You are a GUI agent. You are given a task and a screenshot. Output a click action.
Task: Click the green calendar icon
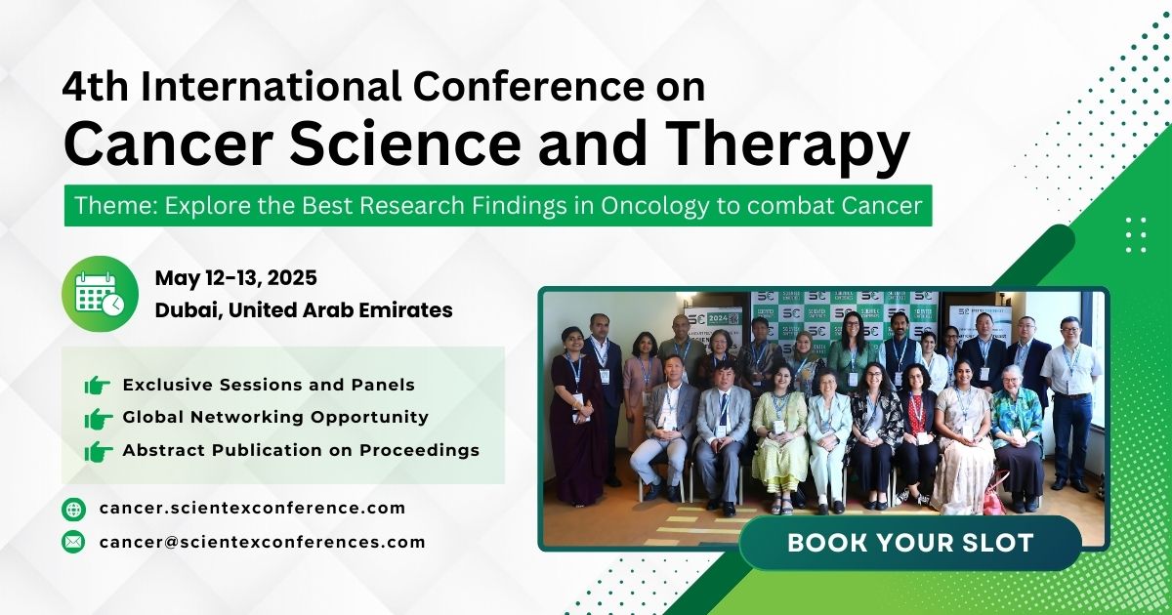click(100, 293)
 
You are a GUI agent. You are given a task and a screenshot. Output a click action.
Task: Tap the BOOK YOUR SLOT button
click(909, 543)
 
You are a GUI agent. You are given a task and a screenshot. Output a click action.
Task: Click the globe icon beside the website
click(73, 509)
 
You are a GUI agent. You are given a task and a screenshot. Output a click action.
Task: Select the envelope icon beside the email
click(73, 542)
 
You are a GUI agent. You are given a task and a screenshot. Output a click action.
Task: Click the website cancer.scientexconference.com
click(252, 509)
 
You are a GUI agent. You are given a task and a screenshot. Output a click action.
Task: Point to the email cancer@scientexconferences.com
click(262, 542)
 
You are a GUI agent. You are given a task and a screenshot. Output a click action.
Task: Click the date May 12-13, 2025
click(235, 278)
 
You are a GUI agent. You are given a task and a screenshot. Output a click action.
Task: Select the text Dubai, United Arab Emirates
click(303, 310)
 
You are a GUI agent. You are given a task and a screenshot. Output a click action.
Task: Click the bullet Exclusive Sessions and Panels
click(269, 385)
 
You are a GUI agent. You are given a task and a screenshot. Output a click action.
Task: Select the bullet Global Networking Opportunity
click(275, 417)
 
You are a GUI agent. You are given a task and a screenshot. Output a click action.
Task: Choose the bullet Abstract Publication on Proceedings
click(301, 450)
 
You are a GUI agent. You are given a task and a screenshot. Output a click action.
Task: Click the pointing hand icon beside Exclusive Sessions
click(98, 386)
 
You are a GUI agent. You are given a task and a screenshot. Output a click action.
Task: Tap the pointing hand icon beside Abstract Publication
click(98, 451)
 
